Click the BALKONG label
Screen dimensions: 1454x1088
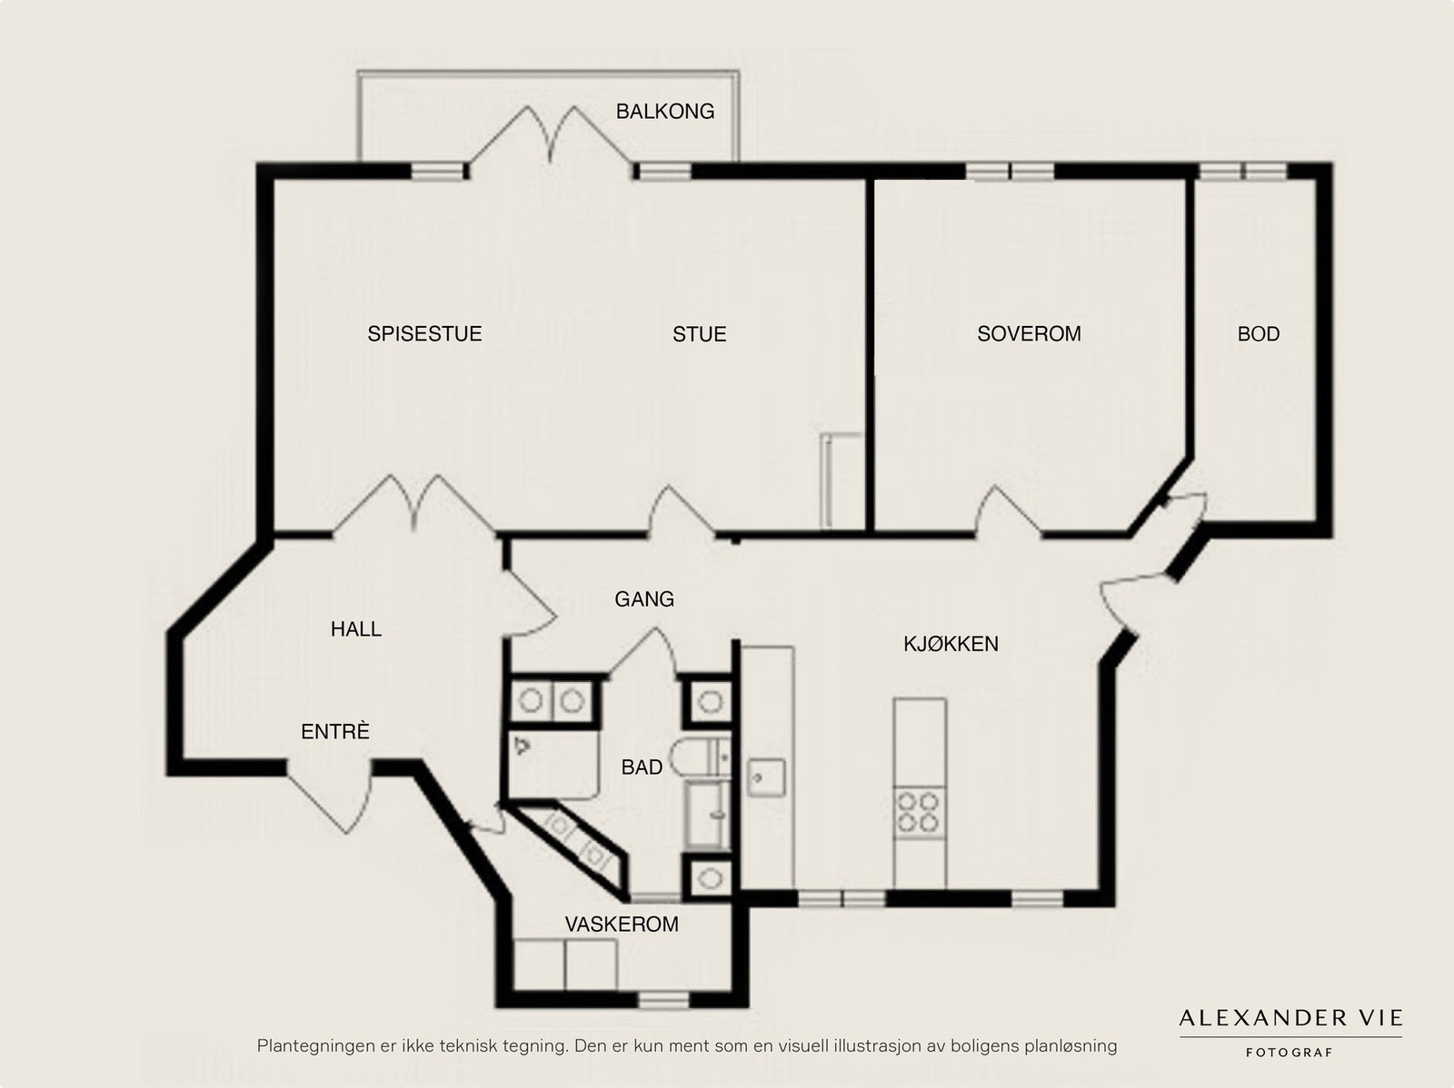665,111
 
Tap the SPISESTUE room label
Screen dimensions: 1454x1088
424,333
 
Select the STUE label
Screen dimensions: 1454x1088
700,334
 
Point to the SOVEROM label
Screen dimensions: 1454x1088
1029,333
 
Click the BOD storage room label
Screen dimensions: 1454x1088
1259,333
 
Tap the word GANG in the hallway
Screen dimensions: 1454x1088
644,598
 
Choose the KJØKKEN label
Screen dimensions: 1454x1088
951,644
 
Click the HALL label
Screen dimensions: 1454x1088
355,628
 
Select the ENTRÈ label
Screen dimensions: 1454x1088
334,731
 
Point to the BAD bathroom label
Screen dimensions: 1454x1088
642,767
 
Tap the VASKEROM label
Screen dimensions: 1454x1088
622,924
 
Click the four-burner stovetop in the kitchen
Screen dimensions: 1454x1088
920,812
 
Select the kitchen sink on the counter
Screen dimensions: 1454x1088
766,777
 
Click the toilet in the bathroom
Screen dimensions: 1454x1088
700,757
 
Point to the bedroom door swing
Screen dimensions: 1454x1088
1008,509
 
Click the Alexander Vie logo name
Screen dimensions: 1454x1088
1290,1018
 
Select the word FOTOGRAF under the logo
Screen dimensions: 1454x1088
1289,1053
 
